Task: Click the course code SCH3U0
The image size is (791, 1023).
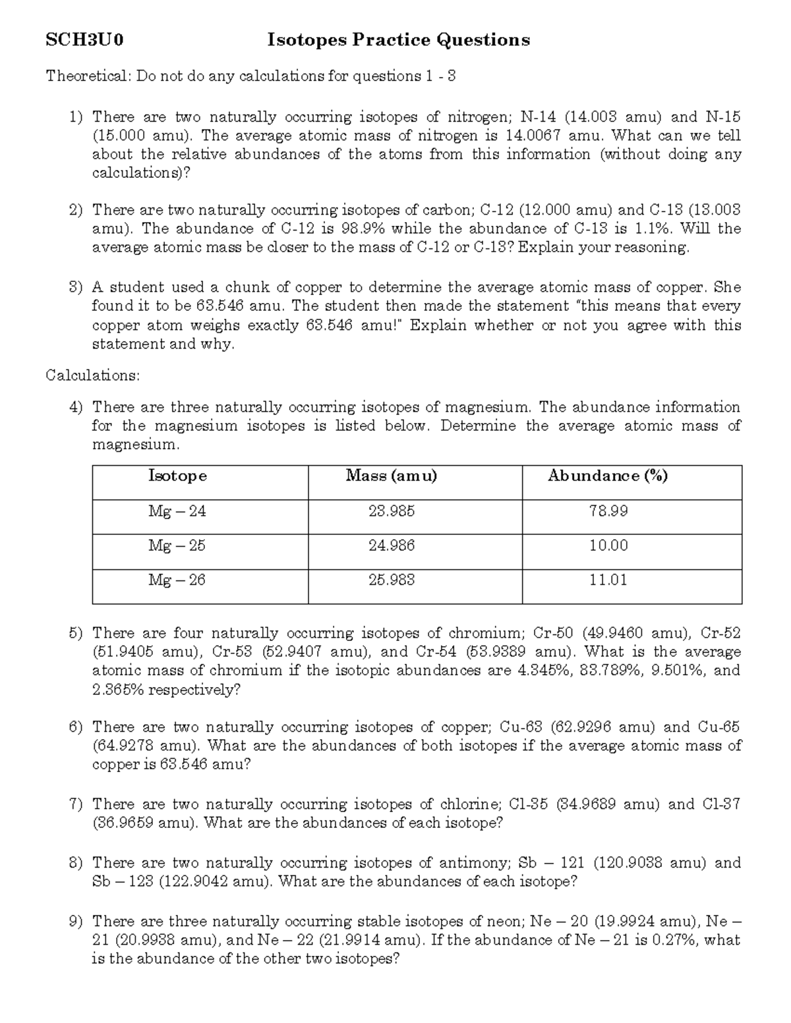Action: (x=84, y=41)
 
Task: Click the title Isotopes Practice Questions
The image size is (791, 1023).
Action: (x=398, y=41)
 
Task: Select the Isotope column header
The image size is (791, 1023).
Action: (x=177, y=476)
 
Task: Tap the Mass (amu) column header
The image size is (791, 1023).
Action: (x=392, y=476)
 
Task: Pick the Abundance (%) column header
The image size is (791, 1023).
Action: (x=608, y=476)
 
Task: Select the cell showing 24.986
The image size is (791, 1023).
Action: (x=392, y=545)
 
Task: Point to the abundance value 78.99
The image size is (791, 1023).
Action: (x=608, y=511)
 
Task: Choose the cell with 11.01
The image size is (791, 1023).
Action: (x=608, y=580)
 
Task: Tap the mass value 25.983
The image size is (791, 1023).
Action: (x=392, y=580)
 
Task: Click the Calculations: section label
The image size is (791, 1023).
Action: (x=93, y=375)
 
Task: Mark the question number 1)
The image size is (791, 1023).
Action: (x=76, y=117)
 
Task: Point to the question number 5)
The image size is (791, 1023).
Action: (x=76, y=634)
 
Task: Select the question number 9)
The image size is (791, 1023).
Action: (x=76, y=922)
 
